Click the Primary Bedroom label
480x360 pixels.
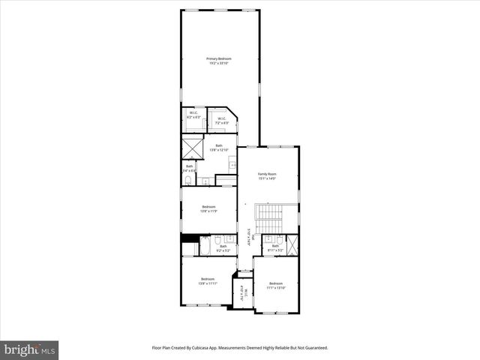[219, 61]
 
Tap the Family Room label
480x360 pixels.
[268, 176]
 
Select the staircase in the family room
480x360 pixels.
[267, 220]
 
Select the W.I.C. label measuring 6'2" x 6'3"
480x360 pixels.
[193, 115]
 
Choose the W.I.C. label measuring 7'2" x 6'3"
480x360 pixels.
[222, 120]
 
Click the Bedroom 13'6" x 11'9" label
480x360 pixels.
[208, 208]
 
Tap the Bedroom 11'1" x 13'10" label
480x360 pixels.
[276, 285]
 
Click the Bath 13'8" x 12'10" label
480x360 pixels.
[219, 147]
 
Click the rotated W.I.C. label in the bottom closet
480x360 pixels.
[241, 292]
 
